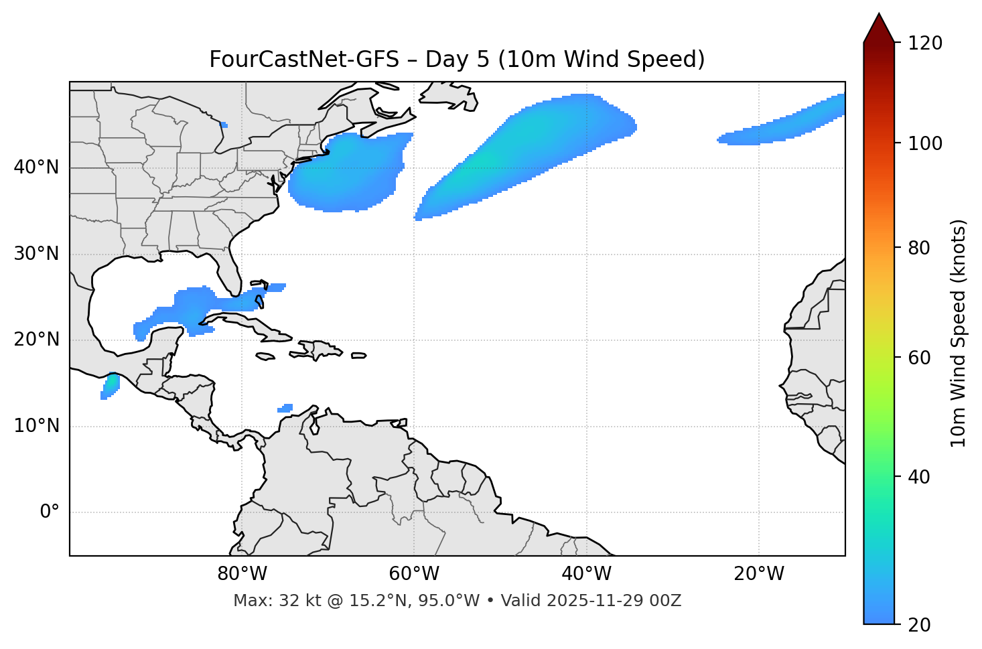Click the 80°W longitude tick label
click(242, 574)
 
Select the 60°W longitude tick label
click(414, 574)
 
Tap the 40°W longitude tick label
click(586, 574)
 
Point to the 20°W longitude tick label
click(758, 574)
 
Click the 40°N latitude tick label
click(36, 167)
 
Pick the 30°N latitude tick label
click(36, 254)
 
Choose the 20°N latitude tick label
click(36, 340)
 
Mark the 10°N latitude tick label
click(36, 426)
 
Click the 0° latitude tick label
click(50, 512)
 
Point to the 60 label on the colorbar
click(918, 358)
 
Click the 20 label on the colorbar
click(918, 625)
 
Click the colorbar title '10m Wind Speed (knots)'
click(959, 333)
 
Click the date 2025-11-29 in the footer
click(603, 601)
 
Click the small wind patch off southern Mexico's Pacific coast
click(110, 386)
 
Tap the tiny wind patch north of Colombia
click(285, 407)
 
